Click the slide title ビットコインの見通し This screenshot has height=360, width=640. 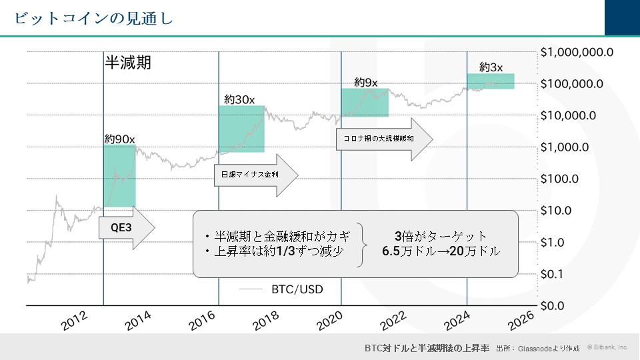tap(94, 18)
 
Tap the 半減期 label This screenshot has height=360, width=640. tap(128, 63)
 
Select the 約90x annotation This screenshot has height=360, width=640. tap(119, 139)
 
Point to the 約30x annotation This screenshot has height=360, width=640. tap(240, 99)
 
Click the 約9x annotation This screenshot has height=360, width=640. tap(366, 83)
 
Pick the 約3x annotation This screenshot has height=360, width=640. tap(491, 67)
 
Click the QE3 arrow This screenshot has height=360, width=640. tap(125, 228)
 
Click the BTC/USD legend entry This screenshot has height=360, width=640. tap(297, 289)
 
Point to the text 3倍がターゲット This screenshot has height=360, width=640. tap(441, 237)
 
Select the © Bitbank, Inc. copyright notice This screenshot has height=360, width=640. tap(607, 347)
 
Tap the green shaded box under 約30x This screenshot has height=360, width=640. tap(241, 129)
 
